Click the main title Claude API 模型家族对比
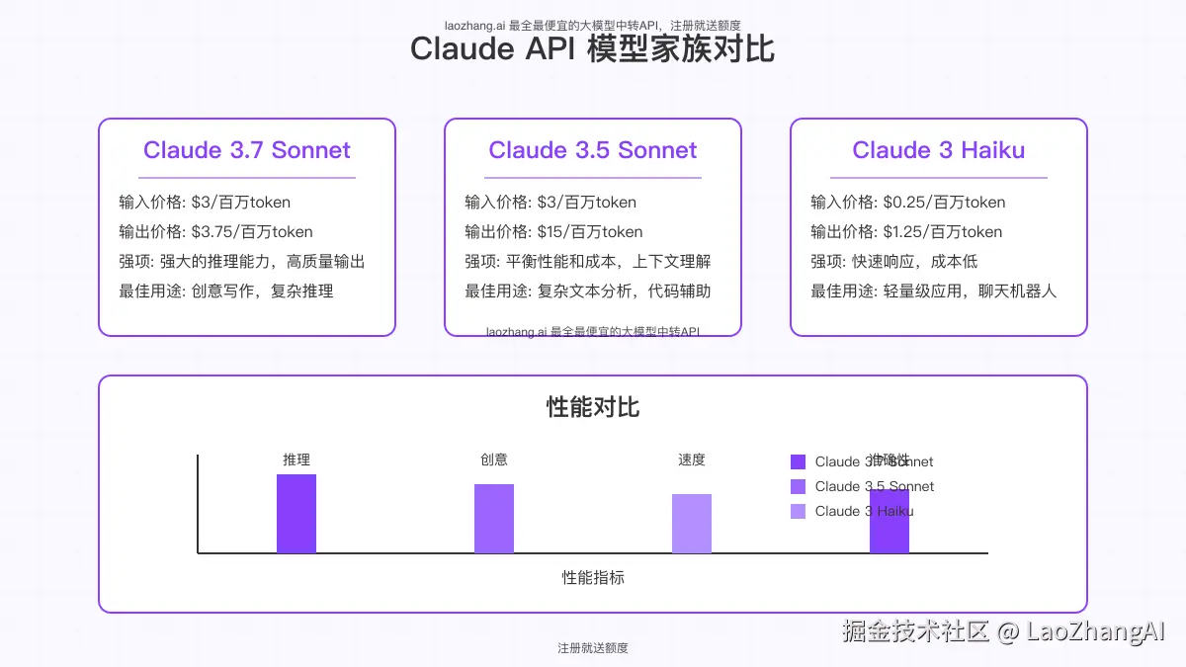[593, 48]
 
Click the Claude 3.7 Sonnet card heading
[247, 150]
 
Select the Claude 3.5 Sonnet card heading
[593, 150]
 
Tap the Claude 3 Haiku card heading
[939, 150]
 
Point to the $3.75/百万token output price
[252, 232]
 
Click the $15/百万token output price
[590, 232]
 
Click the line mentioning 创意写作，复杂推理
[226, 292]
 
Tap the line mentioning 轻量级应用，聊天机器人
[934, 292]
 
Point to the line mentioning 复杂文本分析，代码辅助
[588, 292]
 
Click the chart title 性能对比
[593, 407]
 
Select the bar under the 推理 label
[296, 514]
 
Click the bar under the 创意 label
[494, 519]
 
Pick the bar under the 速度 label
[692, 524]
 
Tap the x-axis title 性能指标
[593, 578]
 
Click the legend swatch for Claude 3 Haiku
[799, 511]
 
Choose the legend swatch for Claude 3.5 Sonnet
[799, 486]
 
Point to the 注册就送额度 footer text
[593, 648]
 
